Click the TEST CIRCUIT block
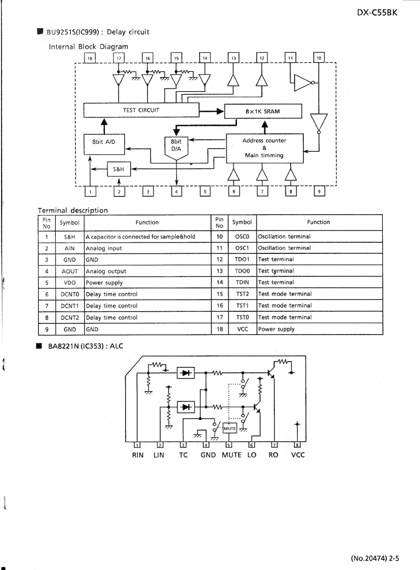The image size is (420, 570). [x=141, y=110]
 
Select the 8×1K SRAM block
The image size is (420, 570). [x=263, y=111]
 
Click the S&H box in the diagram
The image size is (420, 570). [x=119, y=169]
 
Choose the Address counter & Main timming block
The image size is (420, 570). [x=265, y=148]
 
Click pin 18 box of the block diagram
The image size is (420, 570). [x=90, y=58]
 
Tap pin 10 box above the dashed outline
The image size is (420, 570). [x=319, y=58]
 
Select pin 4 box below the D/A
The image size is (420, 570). [x=176, y=192]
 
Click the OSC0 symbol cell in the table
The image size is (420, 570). [x=242, y=236]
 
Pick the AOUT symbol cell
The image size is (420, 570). [x=69, y=271]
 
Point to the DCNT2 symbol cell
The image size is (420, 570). [x=69, y=317]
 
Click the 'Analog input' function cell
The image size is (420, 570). [x=147, y=248]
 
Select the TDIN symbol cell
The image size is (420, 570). [x=242, y=282]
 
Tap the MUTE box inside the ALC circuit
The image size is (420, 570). [x=229, y=428]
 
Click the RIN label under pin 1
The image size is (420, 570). [x=138, y=455]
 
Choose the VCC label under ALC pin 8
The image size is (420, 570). [x=298, y=455]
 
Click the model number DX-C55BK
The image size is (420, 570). [x=377, y=13]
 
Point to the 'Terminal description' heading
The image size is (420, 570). [x=73, y=210]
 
